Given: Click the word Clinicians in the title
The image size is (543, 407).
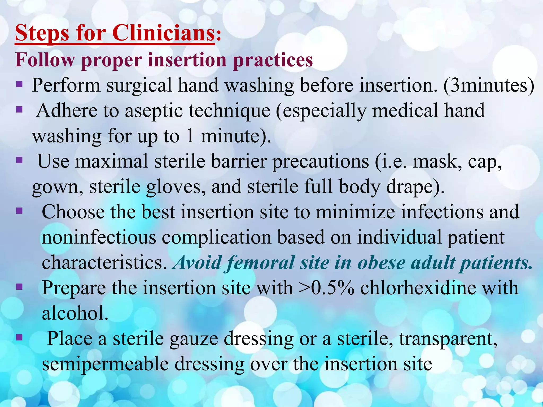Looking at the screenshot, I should pos(163,34).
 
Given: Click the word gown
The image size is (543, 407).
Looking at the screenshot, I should pos(58,187).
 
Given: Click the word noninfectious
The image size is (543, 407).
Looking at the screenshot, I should pos(99,237).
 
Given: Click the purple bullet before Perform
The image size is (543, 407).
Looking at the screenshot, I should pos(19,85).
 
